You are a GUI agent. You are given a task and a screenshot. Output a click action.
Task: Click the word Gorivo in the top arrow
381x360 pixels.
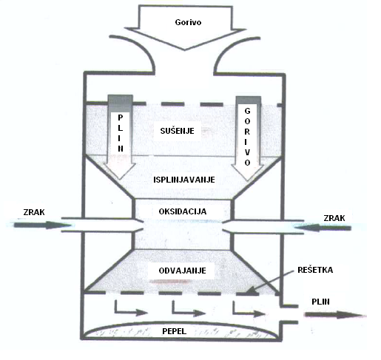click(188, 22)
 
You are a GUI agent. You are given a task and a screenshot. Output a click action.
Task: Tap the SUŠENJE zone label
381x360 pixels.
click(177, 131)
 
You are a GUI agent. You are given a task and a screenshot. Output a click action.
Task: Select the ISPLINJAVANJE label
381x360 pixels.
click(184, 180)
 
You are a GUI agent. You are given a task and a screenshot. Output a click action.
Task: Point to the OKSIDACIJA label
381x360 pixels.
click(183, 211)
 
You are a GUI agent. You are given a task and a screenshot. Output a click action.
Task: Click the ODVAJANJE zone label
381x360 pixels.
click(182, 271)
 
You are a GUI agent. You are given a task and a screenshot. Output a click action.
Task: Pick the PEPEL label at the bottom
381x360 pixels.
click(174, 331)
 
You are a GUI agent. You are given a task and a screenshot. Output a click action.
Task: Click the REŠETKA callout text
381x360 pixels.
click(315, 270)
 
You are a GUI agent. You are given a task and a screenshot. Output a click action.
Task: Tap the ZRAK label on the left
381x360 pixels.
click(34, 212)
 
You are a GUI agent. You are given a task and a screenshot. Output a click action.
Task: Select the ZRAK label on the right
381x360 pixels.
click(334, 218)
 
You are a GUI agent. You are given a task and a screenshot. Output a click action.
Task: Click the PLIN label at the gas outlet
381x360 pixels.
click(320, 302)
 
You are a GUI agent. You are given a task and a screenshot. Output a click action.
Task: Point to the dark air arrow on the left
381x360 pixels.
click(42, 225)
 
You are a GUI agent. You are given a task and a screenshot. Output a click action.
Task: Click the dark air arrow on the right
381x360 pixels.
click(323, 228)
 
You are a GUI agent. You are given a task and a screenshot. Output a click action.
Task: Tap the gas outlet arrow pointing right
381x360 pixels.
click(334, 315)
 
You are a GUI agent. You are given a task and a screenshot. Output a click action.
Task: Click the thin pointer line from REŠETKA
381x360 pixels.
click(270, 282)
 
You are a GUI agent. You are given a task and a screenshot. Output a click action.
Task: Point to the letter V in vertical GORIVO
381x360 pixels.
click(247, 152)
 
